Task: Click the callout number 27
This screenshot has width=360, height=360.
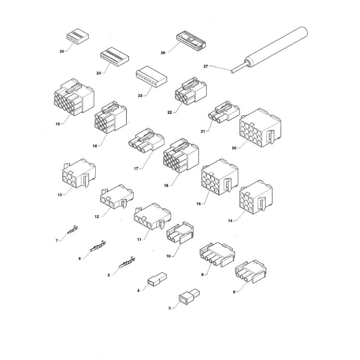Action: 206,66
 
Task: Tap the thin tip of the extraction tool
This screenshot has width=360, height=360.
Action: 233,72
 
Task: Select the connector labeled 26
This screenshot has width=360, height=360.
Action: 191,41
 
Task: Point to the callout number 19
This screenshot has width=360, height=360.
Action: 58,124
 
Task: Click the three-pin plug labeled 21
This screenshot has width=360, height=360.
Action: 224,112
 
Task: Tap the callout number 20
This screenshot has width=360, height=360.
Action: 234,148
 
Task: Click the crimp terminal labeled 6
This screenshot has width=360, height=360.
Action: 98,246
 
